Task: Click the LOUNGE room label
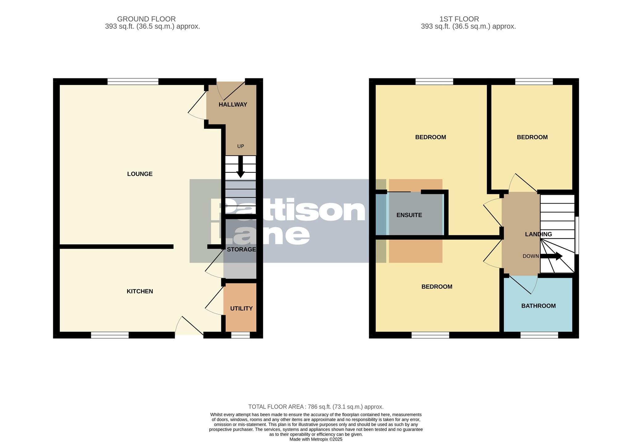coord(140,174)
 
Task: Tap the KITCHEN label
coord(140,291)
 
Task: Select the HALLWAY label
coord(233,105)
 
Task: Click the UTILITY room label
coord(241,309)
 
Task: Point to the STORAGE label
coord(241,249)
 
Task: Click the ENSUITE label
coord(409,215)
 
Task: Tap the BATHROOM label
coord(538,306)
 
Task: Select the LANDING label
coord(538,234)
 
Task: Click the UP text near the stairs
coord(240,146)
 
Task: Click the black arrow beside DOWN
coord(552,256)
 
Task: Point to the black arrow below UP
coord(240,167)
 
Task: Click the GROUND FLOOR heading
coord(146,19)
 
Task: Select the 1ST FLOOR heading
coord(459,19)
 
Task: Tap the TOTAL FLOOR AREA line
coord(316,407)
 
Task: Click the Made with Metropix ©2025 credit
coord(316,439)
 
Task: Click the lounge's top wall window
coord(133,82)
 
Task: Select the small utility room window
coord(240,335)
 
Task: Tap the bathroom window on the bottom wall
coord(539,335)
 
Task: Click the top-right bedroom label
coord(532,137)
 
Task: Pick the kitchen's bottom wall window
coord(110,335)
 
